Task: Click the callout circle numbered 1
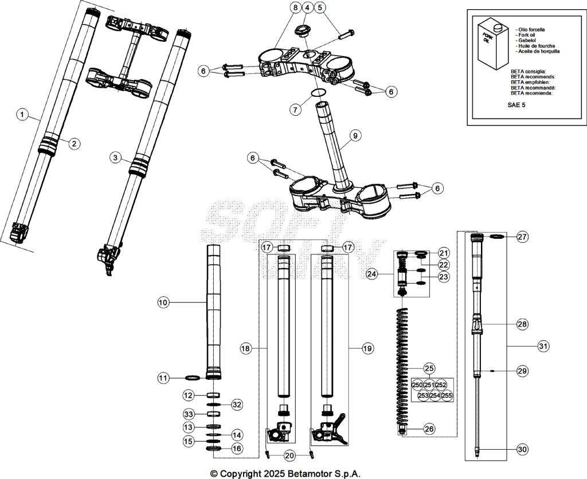point(22,115)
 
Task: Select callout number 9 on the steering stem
point(355,136)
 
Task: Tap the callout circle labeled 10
point(163,301)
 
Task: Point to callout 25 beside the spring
point(429,368)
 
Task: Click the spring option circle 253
point(424,395)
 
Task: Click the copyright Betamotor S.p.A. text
point(285,473)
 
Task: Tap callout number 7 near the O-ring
point(295,109)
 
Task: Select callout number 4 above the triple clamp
point(307,7)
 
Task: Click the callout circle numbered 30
point(522,450)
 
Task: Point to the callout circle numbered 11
point(163,378)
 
